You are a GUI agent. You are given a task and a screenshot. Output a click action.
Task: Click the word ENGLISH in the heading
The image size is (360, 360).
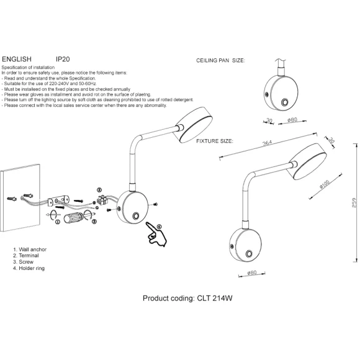(17, 59)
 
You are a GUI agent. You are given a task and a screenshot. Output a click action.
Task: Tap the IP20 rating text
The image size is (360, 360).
(63, 59)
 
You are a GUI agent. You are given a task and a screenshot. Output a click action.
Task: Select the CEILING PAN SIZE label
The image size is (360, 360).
(220, 61)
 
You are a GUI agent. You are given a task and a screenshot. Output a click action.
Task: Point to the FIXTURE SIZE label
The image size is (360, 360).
(214, 141)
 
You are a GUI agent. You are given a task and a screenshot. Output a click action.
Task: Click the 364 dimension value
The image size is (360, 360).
(268, 143)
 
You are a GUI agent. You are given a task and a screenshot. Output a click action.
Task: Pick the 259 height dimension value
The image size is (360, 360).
(354, 203)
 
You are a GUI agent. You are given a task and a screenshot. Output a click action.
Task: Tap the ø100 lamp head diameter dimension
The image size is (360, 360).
(325, 184)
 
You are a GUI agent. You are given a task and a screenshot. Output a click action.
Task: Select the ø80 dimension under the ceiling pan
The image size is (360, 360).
(292, 120)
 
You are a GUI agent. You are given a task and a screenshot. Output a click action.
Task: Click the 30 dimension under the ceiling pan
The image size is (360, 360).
(269, 120)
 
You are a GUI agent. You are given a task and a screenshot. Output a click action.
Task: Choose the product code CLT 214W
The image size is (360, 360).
(215, 298)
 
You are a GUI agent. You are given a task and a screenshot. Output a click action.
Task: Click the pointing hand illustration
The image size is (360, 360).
(156, 234)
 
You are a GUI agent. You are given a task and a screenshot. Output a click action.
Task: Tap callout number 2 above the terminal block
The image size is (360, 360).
(99, 190)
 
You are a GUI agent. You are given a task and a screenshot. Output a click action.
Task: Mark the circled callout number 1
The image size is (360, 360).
(58, 222)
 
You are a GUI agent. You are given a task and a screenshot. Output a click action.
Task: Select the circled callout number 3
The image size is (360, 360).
(94, 222)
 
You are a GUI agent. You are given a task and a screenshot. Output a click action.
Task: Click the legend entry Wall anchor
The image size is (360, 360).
(33, 250)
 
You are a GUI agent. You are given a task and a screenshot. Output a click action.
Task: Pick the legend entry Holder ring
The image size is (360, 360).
(32, 268)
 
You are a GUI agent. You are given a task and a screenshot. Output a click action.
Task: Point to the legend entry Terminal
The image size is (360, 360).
(29, 256)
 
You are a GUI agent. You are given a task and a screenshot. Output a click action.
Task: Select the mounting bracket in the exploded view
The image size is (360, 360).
(58, 200)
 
